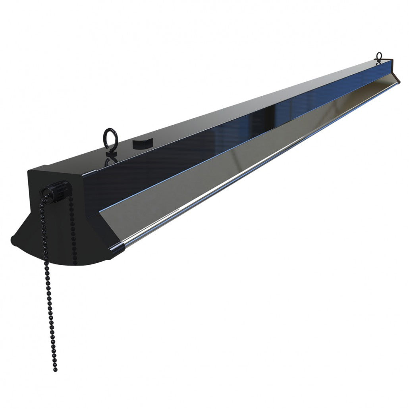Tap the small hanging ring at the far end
pos(379,56)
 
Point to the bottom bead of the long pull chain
pos(54,369)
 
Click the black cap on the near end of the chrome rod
pos(119,248)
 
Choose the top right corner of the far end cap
pos(392,60)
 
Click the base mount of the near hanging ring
pos(110,150)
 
